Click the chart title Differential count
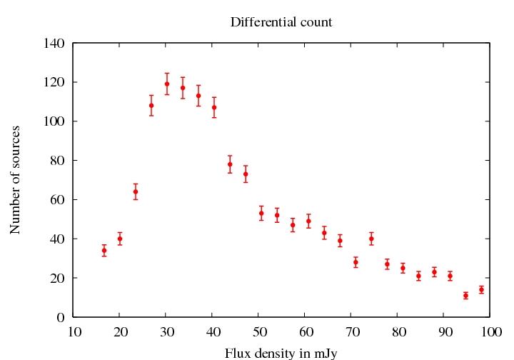pos(281,22)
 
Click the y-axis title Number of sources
pos(16,179)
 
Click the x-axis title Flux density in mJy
pos(281,353)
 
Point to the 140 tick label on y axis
pos(54,44)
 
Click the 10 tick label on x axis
pos(74,332)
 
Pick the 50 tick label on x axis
pos(259,332)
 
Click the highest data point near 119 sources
pos(167,84)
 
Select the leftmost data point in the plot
pos(104,250)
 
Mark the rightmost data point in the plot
pos(481,289)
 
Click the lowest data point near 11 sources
pos(465,295)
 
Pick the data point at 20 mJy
pos(120,239)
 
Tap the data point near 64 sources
pos(136,191)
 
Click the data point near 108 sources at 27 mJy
pos(151,105)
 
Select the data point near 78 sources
pos(230,164)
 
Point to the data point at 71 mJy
pos(356,262)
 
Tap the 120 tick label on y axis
pos(54,82)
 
